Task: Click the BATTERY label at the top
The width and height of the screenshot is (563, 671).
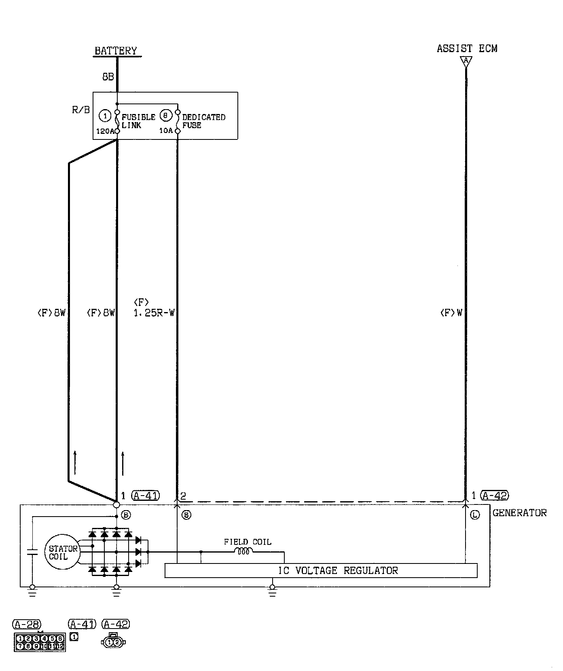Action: (116, 51)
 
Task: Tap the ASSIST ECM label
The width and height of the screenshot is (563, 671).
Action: (467, 49)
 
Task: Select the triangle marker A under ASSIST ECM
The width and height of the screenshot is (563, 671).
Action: (466, 61)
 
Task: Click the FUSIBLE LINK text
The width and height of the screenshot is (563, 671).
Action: (138, 121)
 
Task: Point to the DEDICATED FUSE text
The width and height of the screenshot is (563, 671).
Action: (203, 121)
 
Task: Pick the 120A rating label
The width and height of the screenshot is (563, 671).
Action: (105, 131)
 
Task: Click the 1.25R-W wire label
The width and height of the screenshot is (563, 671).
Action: (154, 313)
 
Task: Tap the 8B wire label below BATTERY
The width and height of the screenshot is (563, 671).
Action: (108, 77)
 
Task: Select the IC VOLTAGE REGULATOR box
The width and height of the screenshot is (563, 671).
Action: (321, 570)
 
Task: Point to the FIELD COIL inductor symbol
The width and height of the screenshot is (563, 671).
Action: (243, 551)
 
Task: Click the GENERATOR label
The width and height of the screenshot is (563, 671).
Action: (519, 513)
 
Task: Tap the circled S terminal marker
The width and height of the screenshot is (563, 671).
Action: (186, 515)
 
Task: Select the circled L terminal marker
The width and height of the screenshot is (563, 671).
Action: (475, 515)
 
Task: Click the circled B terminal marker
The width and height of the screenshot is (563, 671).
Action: (126, 515)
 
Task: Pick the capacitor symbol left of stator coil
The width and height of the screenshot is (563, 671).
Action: (32, 552)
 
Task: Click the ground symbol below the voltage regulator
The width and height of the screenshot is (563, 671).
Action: (272, 592)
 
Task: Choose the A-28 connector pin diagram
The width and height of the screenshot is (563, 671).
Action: (40, 642)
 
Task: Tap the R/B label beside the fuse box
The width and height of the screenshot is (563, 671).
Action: (81, 110)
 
